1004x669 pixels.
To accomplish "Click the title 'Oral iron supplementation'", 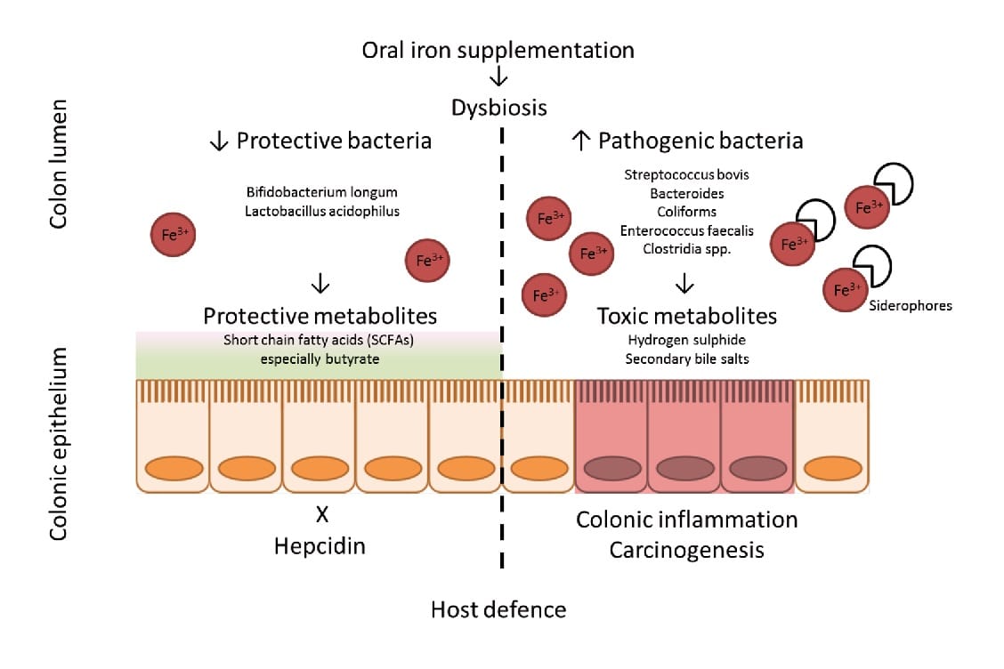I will [x=498, y=50].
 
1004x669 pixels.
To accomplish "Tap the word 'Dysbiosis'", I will [x=498, y=109].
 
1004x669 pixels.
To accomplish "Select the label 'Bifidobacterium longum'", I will [x=322, y=192].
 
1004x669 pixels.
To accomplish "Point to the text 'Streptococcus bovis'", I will [x=687, y=173].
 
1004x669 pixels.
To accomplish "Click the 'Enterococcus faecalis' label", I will [x=687, y=230].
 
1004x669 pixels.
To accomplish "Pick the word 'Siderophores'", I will [x=911, y=305].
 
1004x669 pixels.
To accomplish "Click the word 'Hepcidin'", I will [x=320, y=545].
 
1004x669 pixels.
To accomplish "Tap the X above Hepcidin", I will [x=321, y=514].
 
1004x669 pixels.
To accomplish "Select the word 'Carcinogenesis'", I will [x=686, y=550].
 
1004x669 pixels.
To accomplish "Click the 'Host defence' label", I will [x=498, y=609].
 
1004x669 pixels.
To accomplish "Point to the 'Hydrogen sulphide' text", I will [x=686, y=340].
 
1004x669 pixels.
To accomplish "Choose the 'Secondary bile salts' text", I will [x=686, y=359].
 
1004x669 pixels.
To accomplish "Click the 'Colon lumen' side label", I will [x=60, y=169].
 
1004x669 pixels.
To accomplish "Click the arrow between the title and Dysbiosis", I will [x=499, y=79].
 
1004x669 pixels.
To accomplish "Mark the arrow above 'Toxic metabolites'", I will [x=684, y=285].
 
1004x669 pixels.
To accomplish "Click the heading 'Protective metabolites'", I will [x=320, y=316].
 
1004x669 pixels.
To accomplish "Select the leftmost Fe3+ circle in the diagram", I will [x=173, y=235].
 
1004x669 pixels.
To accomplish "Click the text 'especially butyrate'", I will [x=320, y=359].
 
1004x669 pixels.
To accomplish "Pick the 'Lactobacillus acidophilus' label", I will [x=322, y=212].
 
